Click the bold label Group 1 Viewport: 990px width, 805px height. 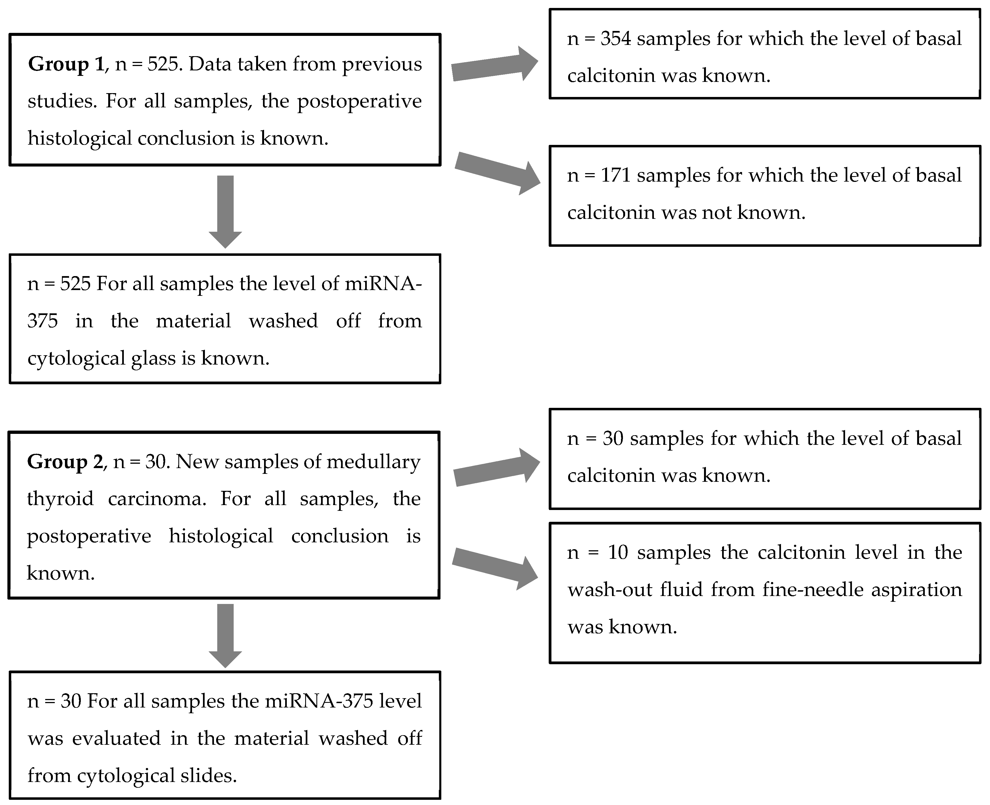pyautogui.click(x=66, y=64)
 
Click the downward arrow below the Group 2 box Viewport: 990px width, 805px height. pyautogui.click(x=225, y=635)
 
